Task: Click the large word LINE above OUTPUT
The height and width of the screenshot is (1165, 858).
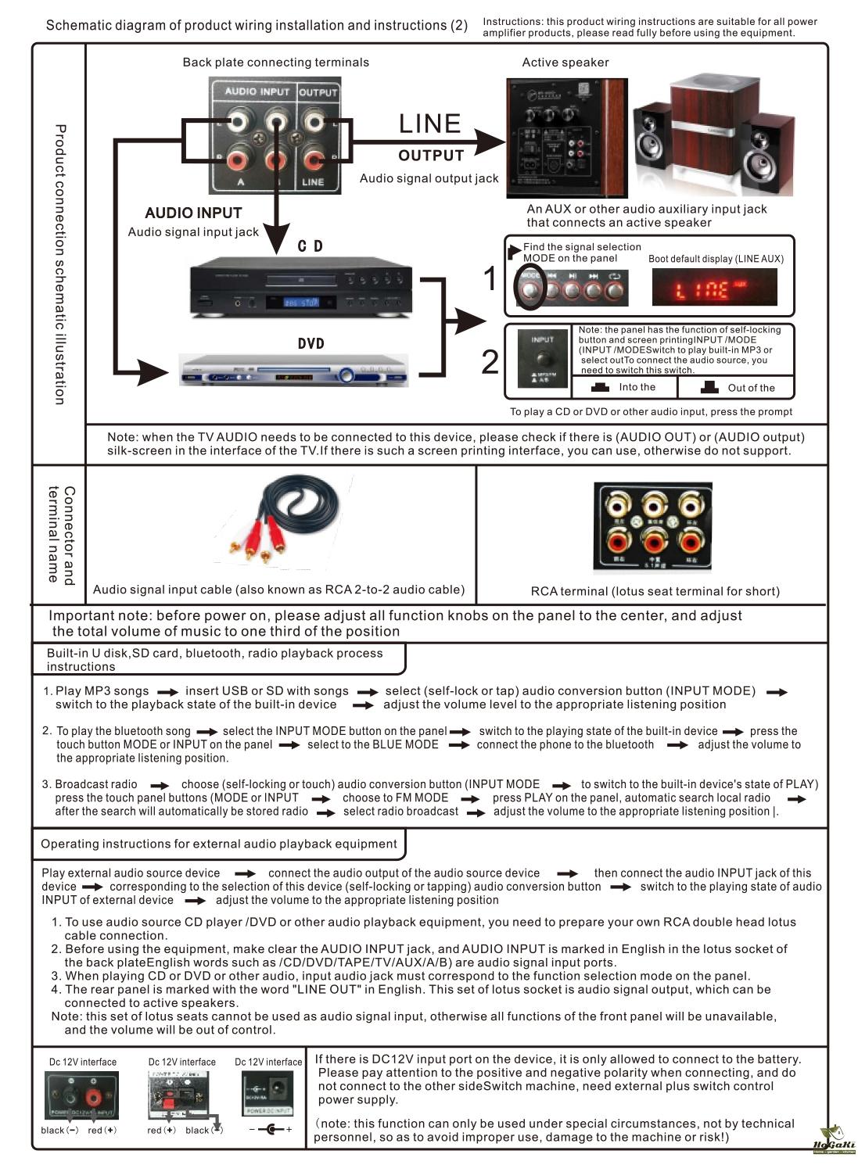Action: tap(429, 124)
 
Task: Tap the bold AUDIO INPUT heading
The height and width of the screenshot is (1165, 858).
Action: tap(193, 213)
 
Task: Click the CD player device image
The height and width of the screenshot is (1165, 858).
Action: tap(301, 290)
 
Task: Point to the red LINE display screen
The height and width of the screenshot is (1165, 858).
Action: tap(714, 289)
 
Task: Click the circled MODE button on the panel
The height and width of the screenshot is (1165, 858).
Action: tap(530, 289)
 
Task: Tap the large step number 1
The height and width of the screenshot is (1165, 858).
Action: tap(490, 279)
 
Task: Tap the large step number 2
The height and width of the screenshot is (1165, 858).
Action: tap(490, 361)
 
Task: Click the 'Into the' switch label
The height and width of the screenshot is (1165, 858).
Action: tap(637, 387)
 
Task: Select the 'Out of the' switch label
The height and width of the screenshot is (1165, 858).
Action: tap(751, 388)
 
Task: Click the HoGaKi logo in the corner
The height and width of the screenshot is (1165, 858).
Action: tap(834, 1141)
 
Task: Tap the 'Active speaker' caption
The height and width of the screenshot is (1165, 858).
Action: tap(565, 63)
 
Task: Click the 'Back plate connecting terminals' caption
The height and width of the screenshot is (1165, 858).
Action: tap(275, 63)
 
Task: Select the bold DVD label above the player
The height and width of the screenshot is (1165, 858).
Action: tap(311, 344)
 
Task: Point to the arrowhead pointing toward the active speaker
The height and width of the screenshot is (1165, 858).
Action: tap(490, 142)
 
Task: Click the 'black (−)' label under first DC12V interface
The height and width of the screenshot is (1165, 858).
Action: tap(59, 1130)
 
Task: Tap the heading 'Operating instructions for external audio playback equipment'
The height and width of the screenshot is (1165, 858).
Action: tap(219, 844)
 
